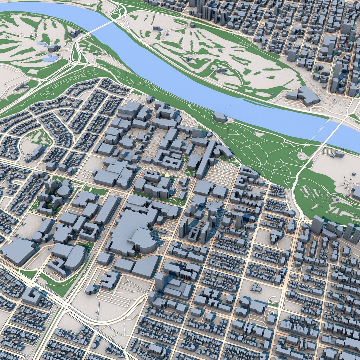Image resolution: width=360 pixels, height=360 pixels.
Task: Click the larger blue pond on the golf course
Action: [50, 59]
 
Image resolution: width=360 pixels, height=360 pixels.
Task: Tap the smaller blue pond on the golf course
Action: [42, 44]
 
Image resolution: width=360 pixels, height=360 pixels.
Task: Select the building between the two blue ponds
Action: [52, 48]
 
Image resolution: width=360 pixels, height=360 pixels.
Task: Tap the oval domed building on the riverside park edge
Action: [219, 117]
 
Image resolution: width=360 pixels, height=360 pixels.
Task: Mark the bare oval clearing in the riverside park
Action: [260, 135]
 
